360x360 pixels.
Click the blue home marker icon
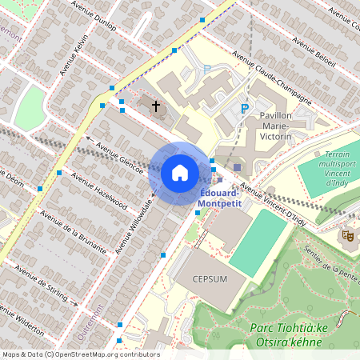tap(180, 173)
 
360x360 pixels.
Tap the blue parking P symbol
tap(246, 109)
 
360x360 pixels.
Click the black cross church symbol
tap(156, 105)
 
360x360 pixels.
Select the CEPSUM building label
tap(211, 280)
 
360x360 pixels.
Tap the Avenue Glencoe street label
tap(118, 152)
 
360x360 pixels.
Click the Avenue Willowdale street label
tap(134, 223)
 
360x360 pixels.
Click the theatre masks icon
tap(348, 235)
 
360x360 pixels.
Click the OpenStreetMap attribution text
tap(80, 354)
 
